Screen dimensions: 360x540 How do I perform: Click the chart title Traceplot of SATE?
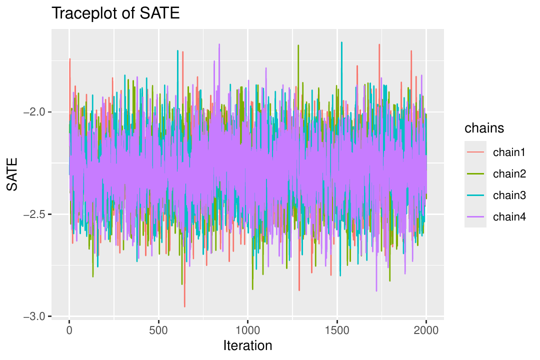[115, 13]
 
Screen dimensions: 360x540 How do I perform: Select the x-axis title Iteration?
[247, 345]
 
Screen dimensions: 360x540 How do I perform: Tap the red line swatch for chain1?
[475, 152]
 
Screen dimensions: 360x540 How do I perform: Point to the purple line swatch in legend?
[475, 216]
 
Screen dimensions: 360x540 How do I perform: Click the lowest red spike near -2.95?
[184, 306]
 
